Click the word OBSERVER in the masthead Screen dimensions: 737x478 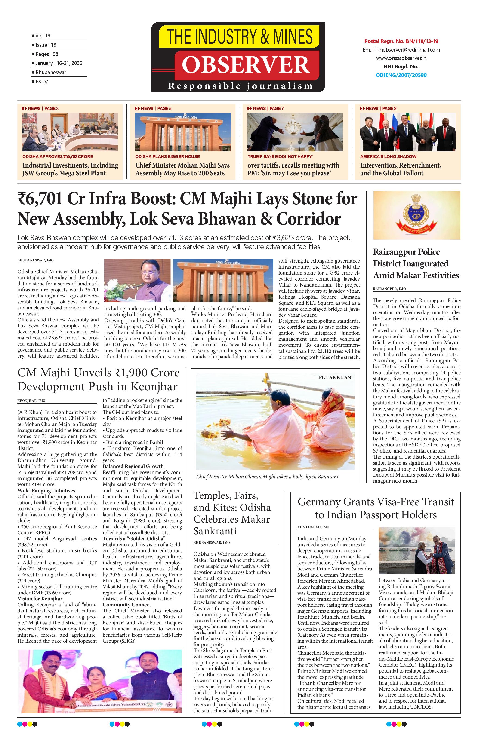(x=246, y=64)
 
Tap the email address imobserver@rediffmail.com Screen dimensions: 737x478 (x=401, y=49)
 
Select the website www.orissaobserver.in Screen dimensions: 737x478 (x=401, y=58)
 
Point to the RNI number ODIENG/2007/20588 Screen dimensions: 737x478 (x=401, y=75)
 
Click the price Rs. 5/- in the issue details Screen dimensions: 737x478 (x=43, y=81)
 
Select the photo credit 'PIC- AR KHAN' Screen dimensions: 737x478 (x=335, y=377)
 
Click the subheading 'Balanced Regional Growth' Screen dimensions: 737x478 (x=133, y=466)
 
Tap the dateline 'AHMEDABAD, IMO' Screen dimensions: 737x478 (x=313, y=527)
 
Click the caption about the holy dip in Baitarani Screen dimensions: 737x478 (x=267, y=477)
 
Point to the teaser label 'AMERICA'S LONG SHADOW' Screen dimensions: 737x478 (x=388, y=156)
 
